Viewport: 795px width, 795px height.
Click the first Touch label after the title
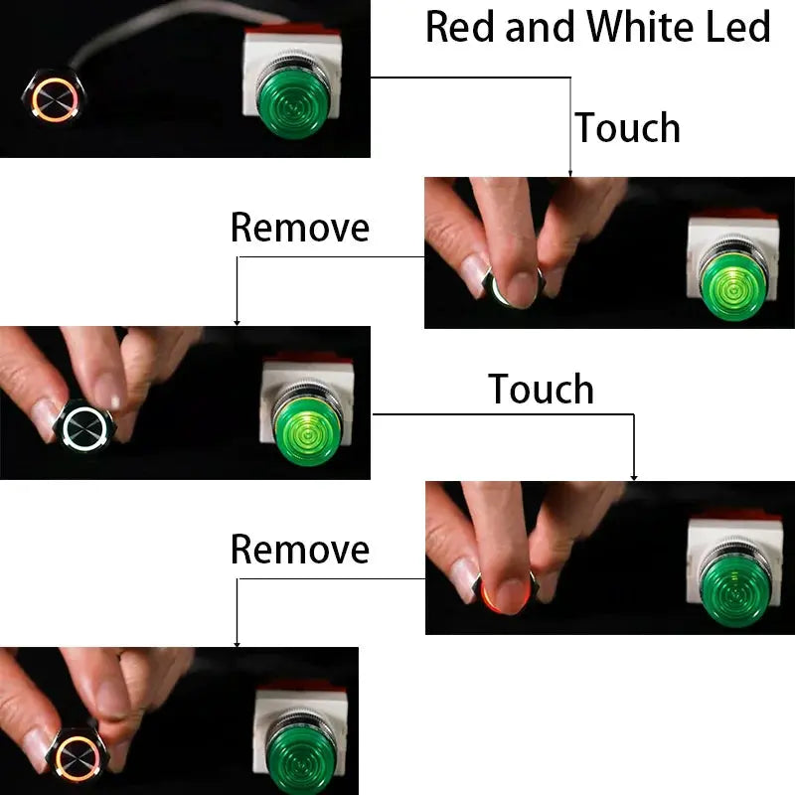point(627,128)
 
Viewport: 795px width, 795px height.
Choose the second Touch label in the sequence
point(541,390)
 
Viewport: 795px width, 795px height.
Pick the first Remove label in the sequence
point(299,228)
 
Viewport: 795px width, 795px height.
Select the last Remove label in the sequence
point(299,549)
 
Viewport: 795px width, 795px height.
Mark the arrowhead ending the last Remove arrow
point(237,643)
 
